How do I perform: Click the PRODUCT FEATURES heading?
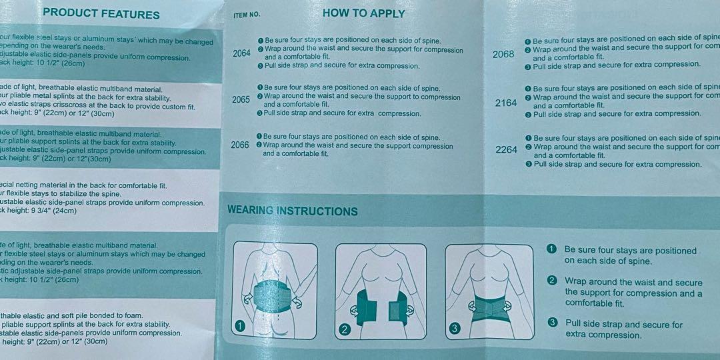coord(101,14)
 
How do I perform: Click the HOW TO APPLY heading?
coord(363,13)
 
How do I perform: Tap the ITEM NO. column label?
coord(247,15)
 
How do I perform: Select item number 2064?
coord(242,53)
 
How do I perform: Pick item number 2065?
coord(241,100)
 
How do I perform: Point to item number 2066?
coord(239,145)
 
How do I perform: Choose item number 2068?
coord(503,54)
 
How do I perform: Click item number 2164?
coord(506,103)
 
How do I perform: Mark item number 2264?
coord(506,150)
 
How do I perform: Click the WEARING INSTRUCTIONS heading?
coord(293,211)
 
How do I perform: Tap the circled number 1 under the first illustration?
coord(240,326)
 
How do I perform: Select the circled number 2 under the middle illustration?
coord(345,329)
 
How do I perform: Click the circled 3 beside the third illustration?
coord(455,327)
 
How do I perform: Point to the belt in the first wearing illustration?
coord(273,294)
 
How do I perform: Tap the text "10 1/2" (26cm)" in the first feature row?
coord(48,63)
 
